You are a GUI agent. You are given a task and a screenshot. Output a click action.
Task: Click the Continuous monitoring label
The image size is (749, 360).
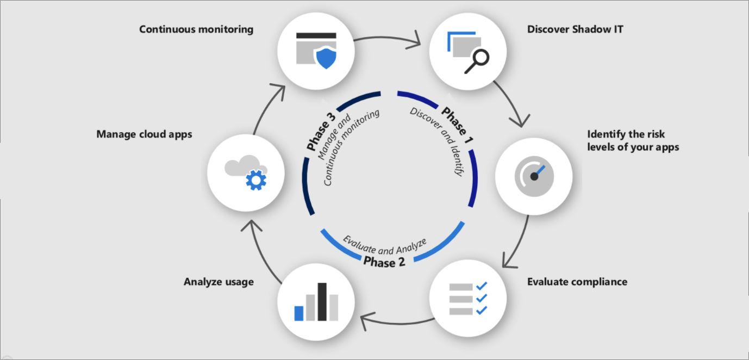point(196,29)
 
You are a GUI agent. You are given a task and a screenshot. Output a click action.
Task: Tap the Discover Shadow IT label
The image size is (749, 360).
point(575,29)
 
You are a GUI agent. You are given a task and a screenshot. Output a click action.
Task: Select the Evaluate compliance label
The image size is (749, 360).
point(577,282)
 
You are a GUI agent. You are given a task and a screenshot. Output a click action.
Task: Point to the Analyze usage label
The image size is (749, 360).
point(219,282)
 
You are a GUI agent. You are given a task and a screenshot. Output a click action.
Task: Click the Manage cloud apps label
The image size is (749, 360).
point(144,134)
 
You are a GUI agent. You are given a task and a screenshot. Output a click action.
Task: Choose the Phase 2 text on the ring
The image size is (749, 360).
point(384,263)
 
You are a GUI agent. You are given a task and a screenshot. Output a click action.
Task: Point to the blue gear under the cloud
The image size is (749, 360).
point(256,179)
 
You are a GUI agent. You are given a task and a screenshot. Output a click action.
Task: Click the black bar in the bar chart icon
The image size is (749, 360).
point(322,301)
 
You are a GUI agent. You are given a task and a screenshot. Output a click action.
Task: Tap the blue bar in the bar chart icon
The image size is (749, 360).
point(299,313)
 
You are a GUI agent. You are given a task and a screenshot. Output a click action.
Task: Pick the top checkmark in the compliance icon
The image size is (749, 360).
point(481,285)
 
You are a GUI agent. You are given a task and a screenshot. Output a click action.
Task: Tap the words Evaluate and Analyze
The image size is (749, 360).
point(384,245)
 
